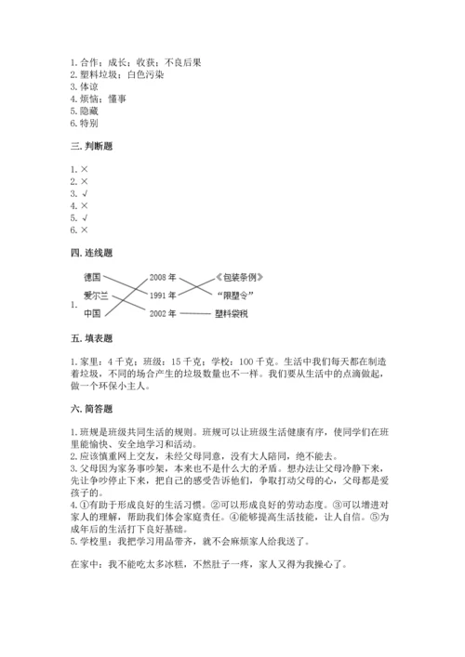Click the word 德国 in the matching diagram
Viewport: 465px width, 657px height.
tap(92, 277)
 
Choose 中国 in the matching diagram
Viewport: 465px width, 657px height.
tap(92, 314)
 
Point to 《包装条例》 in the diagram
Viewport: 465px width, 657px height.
tap(246, 277)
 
